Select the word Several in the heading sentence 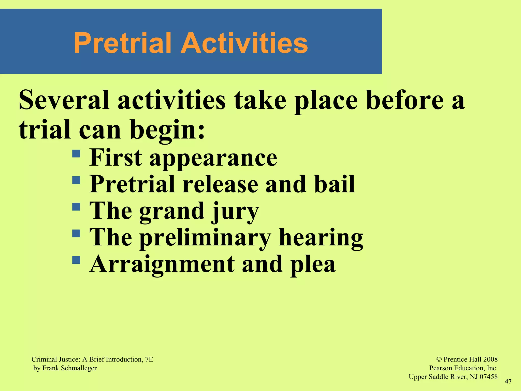(64, 101)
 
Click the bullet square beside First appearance (76, 153)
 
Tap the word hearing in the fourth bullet (321, 238)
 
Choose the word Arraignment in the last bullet (162, 265)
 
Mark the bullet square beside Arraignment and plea (76, 260)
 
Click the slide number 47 (508, 381)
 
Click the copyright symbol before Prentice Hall (439, 359)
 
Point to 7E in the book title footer (149, 359)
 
